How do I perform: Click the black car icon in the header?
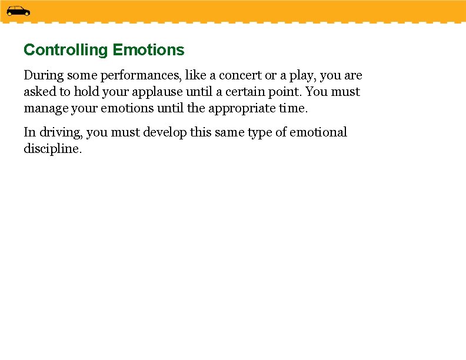(x=18, y=11)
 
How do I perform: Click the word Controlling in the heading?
(x=66, y=50)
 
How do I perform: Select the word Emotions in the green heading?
(x=148, y=50)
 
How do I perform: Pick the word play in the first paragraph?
(x=300, y=76)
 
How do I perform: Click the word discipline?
(x=52, y=149)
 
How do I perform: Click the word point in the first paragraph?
(x=286, y=92)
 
